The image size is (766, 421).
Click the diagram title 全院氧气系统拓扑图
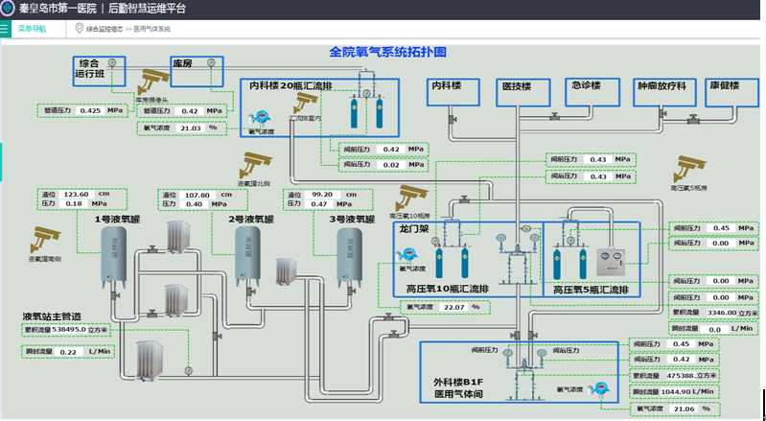coord(386,52)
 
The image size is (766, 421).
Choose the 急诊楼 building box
coord(586,86)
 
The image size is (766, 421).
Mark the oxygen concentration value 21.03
coord(192,127)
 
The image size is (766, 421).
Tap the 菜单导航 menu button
coord(32,29)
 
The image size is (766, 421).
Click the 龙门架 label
coord(413,229)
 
